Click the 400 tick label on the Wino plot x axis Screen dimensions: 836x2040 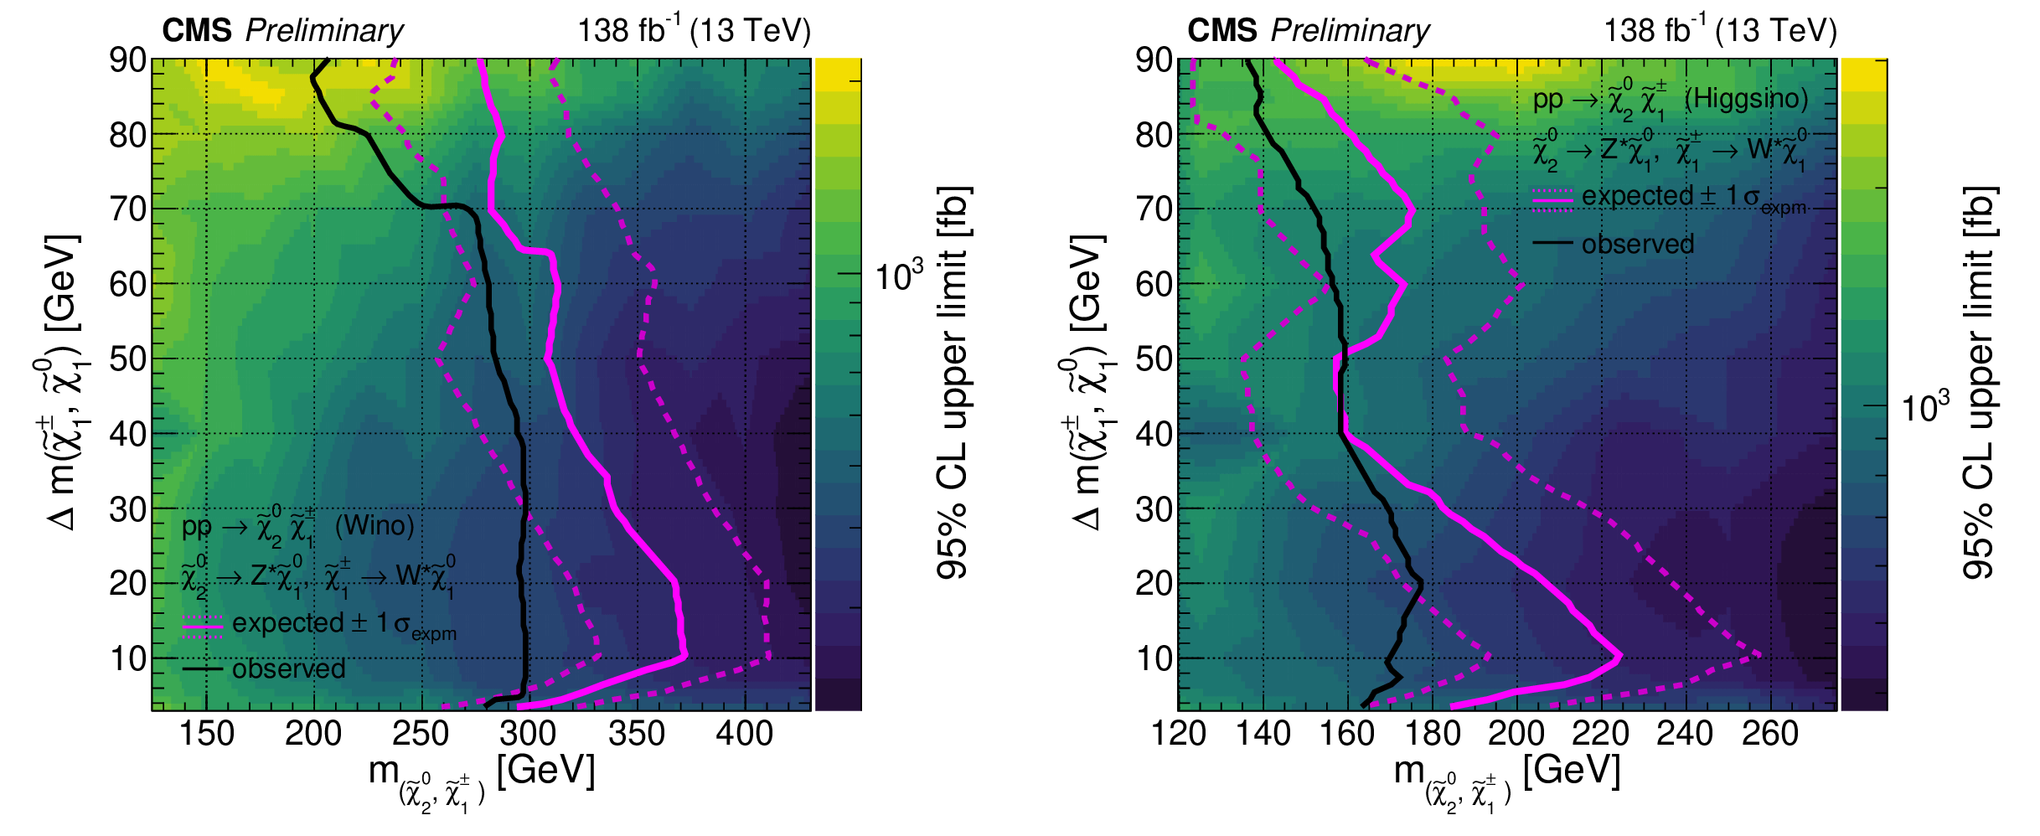744,735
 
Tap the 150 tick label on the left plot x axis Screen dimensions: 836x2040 206,735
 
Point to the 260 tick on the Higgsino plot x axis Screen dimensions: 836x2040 1769,735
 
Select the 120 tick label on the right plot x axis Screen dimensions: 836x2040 1179,735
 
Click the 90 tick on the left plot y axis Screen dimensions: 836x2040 128,60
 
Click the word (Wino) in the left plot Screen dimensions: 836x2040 374,526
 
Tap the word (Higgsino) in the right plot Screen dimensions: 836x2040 1746,99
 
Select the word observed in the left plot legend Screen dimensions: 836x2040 288,669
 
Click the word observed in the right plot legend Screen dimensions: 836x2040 1637,245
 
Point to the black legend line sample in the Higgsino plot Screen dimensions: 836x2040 1552,244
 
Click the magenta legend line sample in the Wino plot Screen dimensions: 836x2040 202,625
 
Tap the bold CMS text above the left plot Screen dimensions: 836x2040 197,31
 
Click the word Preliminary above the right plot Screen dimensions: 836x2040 1350,31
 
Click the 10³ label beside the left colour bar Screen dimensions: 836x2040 899,276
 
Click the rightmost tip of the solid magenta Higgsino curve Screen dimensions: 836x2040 1621,656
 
